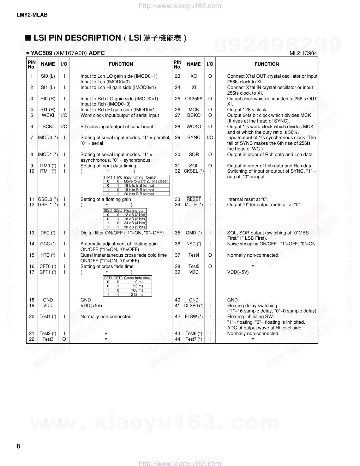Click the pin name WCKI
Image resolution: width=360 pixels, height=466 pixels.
[48, 115]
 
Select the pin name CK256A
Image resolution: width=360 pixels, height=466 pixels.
[194, 99]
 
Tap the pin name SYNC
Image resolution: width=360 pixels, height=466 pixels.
[194, 138]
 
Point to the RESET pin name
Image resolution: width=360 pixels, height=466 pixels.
[194, 199]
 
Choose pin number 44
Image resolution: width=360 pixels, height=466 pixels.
[178, 339]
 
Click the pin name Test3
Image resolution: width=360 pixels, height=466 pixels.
[48, 339]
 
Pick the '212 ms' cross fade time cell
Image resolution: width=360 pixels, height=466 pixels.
[137, 294]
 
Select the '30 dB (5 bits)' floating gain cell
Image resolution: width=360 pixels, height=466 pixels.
[135, 227]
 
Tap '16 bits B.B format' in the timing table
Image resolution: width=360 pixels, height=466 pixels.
[139, 185]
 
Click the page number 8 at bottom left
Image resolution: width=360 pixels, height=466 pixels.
[18, 446]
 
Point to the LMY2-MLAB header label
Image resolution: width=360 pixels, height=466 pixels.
[32, 15]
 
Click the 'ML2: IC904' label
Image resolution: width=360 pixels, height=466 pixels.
[303, 53]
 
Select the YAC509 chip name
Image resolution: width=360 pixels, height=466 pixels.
[41, 53]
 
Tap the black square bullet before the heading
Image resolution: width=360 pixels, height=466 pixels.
[28, 38]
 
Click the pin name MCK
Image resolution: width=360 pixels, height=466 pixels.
[194, 110]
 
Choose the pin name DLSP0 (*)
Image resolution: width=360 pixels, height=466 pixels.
[194, 306]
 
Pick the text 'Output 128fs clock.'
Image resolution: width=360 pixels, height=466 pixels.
[247, 110]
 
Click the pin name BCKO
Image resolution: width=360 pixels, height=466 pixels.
[194, 115]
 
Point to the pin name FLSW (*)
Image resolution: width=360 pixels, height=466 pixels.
[194, 317]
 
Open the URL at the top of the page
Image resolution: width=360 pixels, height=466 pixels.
[180, 6]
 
